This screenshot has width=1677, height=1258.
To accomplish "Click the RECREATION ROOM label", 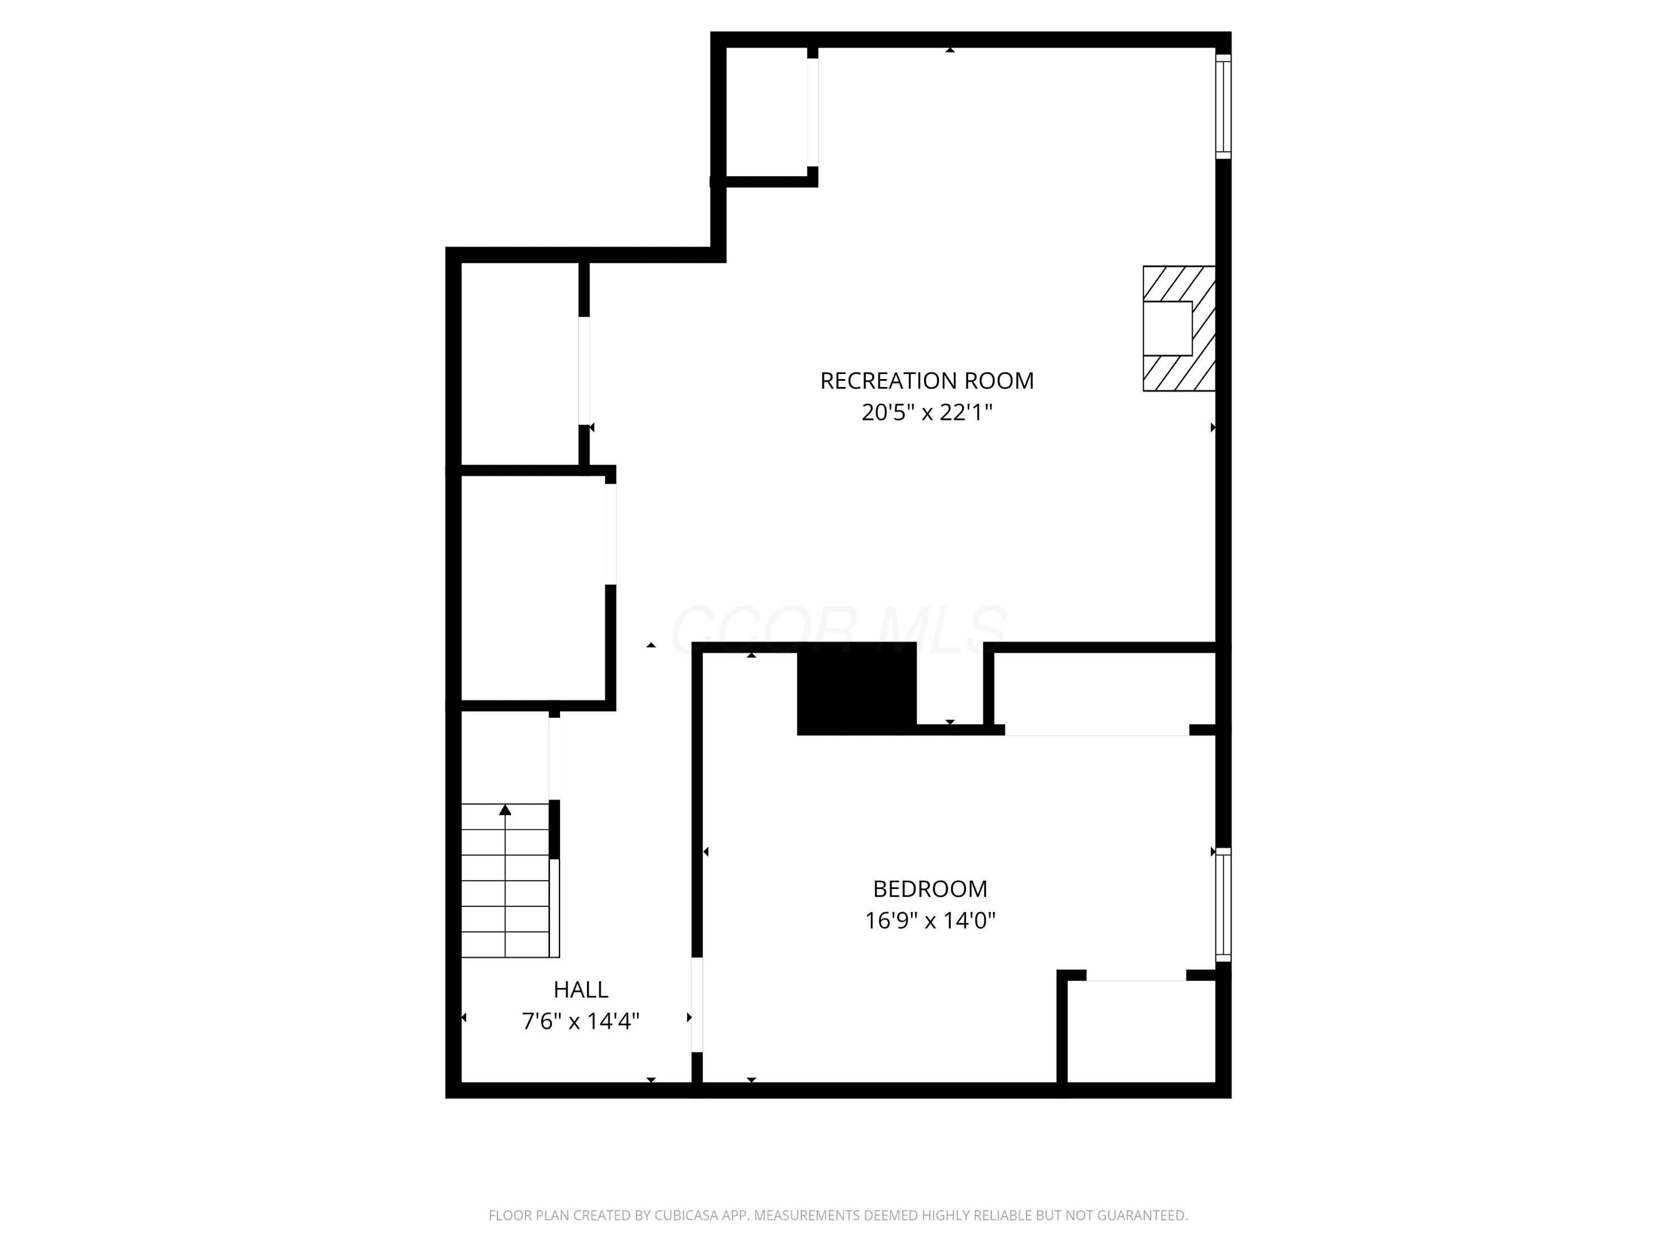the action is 926,381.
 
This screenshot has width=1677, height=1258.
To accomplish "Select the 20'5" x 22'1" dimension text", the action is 926,413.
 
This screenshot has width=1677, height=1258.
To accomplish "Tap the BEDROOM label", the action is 930,889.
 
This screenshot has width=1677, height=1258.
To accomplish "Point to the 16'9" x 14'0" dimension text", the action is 930,920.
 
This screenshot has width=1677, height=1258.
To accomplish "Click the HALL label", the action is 581,990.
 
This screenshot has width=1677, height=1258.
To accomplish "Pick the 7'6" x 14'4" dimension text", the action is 581,1021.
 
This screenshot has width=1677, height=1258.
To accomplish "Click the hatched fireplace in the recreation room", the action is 1179,328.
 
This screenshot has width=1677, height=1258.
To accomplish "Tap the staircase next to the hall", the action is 506,879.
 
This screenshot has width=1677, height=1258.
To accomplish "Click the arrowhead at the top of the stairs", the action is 505,810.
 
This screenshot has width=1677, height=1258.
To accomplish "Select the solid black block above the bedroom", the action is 857,688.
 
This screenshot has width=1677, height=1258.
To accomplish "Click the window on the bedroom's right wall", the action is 1223,905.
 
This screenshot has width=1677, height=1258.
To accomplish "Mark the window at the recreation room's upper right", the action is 1223,106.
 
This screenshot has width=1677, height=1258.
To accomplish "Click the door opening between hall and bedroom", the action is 697,1005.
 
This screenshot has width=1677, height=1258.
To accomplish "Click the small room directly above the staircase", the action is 505,757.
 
